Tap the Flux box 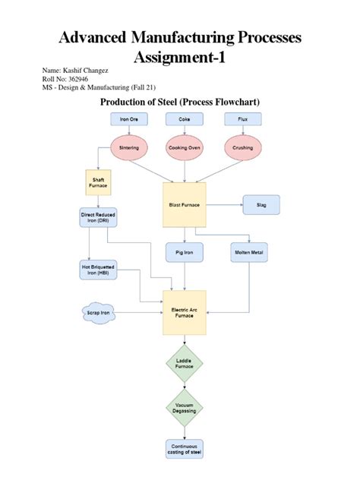tap(243, 119)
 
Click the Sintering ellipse tap(129, 148)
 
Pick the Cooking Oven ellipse tap(185, 148)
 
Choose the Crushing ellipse tap(243, 148)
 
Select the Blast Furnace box tap(185, 204)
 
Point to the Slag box tap(260, 204)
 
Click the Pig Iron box tap(184, 252)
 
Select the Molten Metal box tap(250, 252)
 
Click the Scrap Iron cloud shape tap(96, 312)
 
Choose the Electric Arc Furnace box tap(184, 312)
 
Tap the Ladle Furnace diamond tap(185, 364)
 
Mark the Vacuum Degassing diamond tap(185, 408)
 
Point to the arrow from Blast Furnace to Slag tap(224, 204)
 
